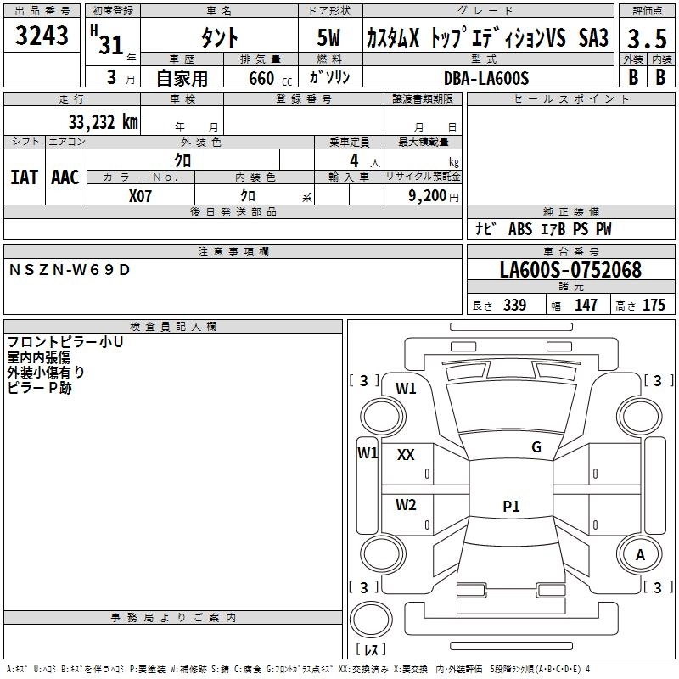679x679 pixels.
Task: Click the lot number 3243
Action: [x=42, y=36]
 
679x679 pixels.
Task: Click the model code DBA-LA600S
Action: [x=486, y=78]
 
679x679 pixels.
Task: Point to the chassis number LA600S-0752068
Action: [x=570, y=271]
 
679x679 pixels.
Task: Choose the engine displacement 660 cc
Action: [x=261, y=79]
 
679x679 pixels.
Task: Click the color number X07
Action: [x=141, y=195]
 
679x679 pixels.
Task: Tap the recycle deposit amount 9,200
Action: [x=432, y=195]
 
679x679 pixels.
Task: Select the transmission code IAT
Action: [x=24, y=177]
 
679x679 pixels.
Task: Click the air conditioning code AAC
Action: [x=65, y=177]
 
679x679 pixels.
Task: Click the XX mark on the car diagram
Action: [x=406, y=455]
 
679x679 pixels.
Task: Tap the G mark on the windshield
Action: [x=536, y=447]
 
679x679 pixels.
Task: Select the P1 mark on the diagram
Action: [x=510, y=507]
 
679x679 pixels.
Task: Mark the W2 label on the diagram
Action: [x=406, y=505]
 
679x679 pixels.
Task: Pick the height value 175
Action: [x=654, y=306]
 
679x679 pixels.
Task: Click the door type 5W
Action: [x=330, y=38]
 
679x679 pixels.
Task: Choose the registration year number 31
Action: [x=111, y=45]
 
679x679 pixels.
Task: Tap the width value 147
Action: [x=586, y=306]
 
